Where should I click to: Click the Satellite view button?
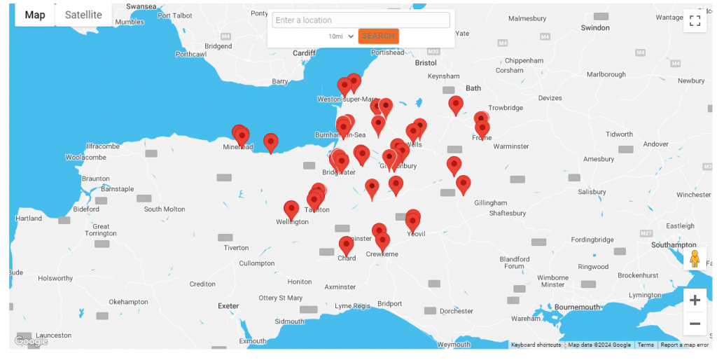[x=83, y=15]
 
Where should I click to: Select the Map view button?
[x=34, y=15]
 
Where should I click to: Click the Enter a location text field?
[x=361, y=20]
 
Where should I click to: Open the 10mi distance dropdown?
[x=341, y=36]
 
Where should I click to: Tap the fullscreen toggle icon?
[x=695, y=20]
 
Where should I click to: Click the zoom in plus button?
[x=695, y=300]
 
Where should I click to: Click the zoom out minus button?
[x=695, y=324]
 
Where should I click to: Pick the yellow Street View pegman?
[x=695, y=258]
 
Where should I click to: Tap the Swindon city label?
[x=595, y=28]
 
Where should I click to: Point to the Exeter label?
[x=228, y=306]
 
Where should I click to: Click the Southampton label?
[x=674, y=245]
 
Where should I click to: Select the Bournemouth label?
[x=577, y=307]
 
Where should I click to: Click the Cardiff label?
[x=305, y=53]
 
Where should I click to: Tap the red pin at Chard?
[x=347, y=245]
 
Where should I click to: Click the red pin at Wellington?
[x=291, y=209]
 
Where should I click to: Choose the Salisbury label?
[x=592, y=192]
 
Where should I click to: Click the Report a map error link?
[x=684, y=345]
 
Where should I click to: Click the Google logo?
[x=31, y=341]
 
